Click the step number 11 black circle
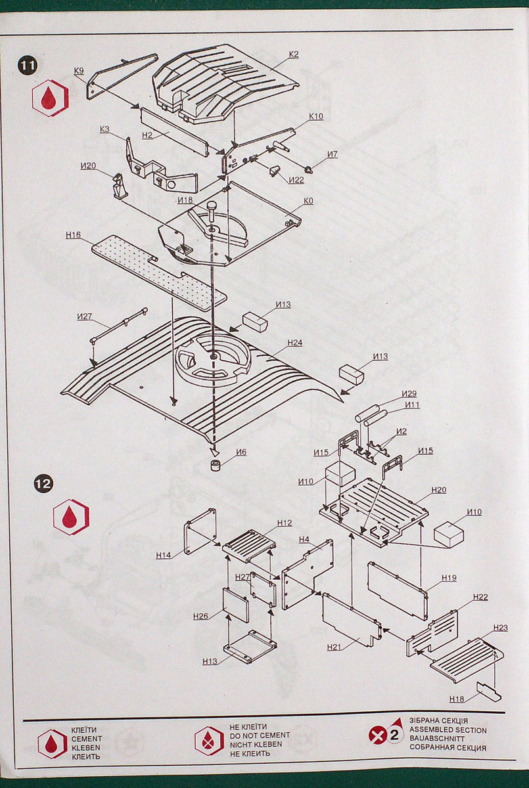point(28,66)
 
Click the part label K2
point(293,54)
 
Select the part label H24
point(294,343)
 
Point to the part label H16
point(73,234)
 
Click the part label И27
point(84,317)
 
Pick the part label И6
point(241,452)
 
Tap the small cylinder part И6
point(215,466)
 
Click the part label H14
point(164,555)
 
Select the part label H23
point(499,628)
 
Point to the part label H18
point(457,698)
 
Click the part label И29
point(409,394)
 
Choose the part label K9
point(79,70)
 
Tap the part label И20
point(89,165)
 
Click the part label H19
point(449,578)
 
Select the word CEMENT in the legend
point(85,738)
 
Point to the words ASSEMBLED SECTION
point(448,730)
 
